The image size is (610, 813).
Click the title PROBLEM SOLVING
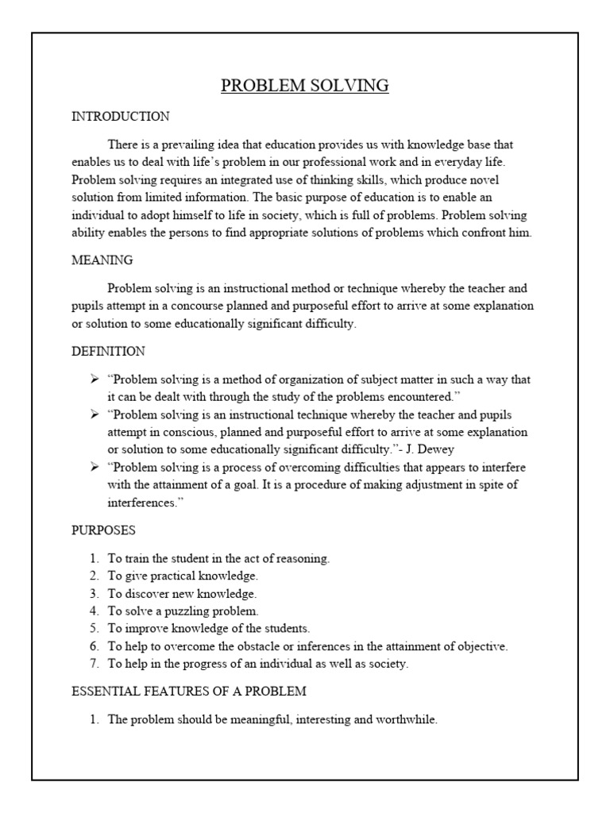coord(305,86)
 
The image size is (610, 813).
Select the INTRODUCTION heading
coord(120,117)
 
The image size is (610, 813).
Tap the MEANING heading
coord(102,260)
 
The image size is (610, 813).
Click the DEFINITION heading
coord(108,351)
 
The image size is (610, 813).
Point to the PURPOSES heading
coord(103,529)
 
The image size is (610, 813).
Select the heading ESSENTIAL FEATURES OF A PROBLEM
coord(189,692)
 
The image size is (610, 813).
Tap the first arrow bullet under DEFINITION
coord(94,380)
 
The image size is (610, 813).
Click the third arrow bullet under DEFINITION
coord(94,467)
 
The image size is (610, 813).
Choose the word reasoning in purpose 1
coord(303,559)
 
